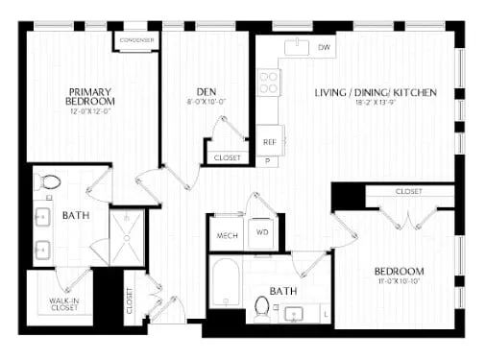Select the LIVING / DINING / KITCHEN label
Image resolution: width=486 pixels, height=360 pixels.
tap(376, 93)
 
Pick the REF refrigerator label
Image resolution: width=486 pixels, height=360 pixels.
tap(270, 141)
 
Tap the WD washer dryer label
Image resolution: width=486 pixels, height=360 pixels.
tap(261, 232)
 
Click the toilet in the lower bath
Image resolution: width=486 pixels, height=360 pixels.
tap(261, 305)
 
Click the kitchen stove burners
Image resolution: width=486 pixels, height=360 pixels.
tap(268, 84)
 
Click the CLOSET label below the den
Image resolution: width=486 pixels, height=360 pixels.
tap(228, 156)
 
